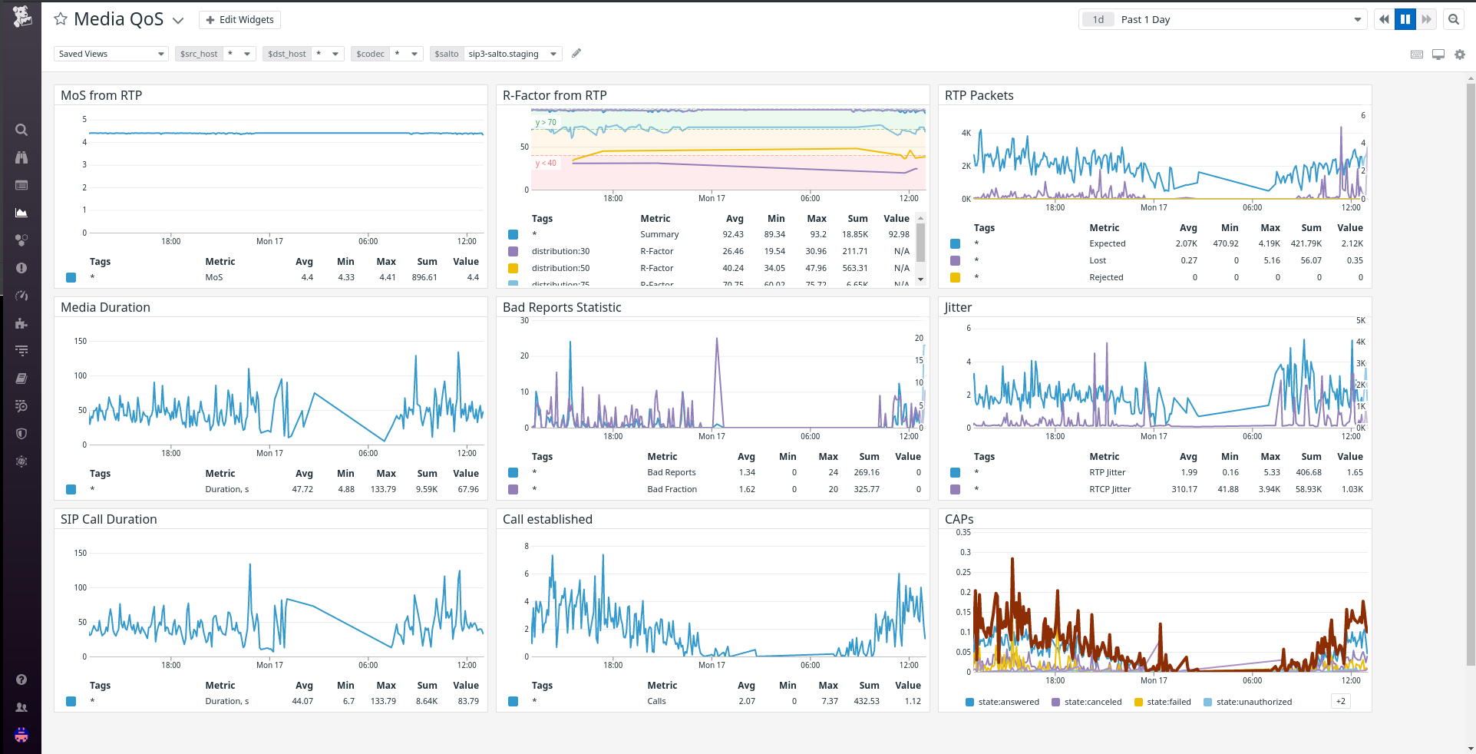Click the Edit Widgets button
(x=239, y=20)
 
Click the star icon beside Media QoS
(x=61, y=19)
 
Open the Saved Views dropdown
(x=111, y=54)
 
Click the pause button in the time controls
(x=1405, y=20)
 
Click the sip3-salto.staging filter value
(x=504, y=54)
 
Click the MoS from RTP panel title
(x=101, y=95)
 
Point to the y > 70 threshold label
(x=546, y=123)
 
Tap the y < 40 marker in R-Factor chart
(x=546, y=163)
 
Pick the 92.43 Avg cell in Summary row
(x=732, y=234)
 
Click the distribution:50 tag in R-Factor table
(x=560, y=268)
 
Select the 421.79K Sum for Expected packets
(x=1306, y=243)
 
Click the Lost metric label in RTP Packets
(x=1098, y=260)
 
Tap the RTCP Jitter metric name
(x=1110, y=489)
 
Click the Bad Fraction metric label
(x=672, y=489)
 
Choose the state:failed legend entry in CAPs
(x=1168, y=702)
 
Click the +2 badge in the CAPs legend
(x=1340, y=701)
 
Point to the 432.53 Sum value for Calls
(x=867, y=701)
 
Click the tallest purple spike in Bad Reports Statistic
(x=717, y=339)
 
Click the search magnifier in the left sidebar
(x=21, y=130)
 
